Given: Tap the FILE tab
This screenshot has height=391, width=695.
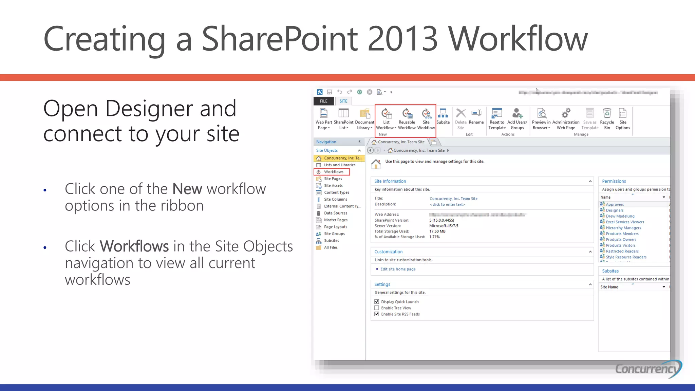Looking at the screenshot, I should click(323, 101).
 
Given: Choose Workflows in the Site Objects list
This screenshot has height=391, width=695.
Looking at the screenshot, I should click(334, 172).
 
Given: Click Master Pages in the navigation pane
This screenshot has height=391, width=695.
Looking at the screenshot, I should click(335, 220).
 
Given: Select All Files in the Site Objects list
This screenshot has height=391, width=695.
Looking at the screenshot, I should click(331, 247).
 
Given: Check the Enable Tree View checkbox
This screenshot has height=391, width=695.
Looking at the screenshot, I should click(377, 308).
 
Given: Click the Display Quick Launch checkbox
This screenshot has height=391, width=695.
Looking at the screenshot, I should click(377, 302).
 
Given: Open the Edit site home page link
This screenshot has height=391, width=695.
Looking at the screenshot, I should click(398, 269).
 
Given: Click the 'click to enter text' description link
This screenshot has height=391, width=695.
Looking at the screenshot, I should click(447, 205).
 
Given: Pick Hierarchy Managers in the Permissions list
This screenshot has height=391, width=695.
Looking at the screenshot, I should click(623, 228).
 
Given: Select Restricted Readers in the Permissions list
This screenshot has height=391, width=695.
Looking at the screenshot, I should click(622, 251).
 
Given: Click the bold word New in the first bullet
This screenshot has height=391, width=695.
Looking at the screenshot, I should click(187, 189).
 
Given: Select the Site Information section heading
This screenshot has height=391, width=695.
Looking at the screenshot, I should click(390, 181).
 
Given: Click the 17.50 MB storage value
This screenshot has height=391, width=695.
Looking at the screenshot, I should click(437, 231).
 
